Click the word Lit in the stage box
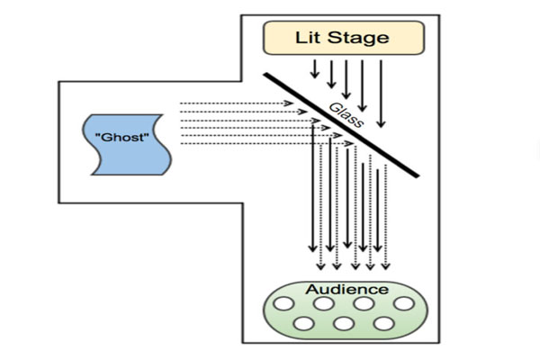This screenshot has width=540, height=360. (310, 37)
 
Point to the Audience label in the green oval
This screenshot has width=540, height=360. (346, 289)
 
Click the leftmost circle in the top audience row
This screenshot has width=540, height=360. (283, 304)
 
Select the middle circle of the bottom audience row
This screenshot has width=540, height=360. (343, 324)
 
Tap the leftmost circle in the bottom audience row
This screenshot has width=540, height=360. (303, 324)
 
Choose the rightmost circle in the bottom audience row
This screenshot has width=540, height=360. (382, 324)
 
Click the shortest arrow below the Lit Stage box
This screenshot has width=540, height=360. (313, 68)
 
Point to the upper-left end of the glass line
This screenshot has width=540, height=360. (265, 74)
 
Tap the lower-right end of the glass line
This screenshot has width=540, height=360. (418, 176)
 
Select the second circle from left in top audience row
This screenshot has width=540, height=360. (323, 304)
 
